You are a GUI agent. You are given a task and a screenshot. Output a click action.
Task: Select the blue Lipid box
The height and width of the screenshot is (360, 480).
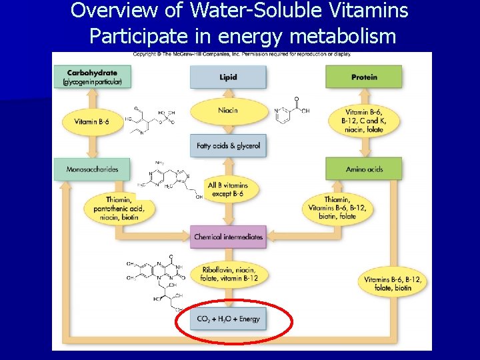[x=228, y=77]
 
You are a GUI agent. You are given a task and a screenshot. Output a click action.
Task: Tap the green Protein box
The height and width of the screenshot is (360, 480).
[x=363, y=77]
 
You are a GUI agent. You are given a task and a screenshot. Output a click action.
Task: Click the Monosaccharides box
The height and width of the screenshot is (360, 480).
[x=92, y=169]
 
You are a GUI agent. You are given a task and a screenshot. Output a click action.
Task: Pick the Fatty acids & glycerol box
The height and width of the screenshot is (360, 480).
[x=228, y=145]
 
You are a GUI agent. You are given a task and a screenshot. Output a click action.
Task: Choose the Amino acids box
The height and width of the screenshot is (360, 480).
[x=364, y=169]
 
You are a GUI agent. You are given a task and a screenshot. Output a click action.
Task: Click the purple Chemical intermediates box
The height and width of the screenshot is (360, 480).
[x=228, y=237]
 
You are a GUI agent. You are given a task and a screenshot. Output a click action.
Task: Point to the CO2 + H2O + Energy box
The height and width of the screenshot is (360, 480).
[x=228, y=319]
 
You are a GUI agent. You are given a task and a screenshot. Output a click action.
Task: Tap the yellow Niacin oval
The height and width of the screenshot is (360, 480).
[x=228, y=111]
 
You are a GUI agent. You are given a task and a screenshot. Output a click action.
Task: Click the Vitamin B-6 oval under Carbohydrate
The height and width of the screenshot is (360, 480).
[x=92, y=122]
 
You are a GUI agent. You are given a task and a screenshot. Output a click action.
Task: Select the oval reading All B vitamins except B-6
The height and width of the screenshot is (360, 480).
[x=228, y=190]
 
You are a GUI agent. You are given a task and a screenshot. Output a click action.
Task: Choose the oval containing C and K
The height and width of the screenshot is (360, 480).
[x=364, y=121]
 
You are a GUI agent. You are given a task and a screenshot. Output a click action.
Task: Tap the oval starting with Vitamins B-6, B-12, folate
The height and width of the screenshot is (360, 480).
[x=392, y=283]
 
